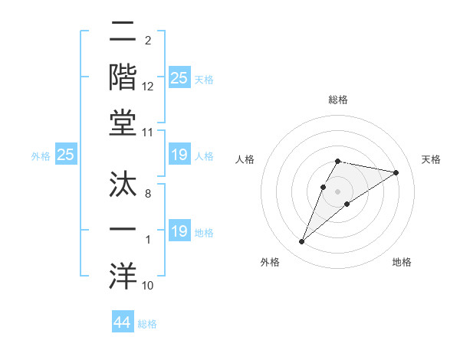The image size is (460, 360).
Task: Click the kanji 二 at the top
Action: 123,33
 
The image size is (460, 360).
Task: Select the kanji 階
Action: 123,77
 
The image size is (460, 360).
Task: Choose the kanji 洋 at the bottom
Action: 123,274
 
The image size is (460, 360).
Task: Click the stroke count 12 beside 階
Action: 148,87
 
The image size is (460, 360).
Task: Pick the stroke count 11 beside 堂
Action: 148,133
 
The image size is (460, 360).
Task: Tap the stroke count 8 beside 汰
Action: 147,194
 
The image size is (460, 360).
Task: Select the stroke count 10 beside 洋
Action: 148,286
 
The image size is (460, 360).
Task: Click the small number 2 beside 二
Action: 147,40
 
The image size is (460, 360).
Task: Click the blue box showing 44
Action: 122,322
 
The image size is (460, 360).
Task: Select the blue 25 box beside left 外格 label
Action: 66,155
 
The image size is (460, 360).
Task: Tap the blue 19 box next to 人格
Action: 179,155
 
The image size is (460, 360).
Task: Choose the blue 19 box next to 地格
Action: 179,231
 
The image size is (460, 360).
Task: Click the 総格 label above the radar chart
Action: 338,100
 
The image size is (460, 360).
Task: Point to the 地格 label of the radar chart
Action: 402,263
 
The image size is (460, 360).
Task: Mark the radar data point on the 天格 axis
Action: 396,173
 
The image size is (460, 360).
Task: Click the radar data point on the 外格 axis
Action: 302,242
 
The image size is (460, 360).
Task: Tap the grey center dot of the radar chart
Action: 338,191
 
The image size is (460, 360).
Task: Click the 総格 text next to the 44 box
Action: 147,324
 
